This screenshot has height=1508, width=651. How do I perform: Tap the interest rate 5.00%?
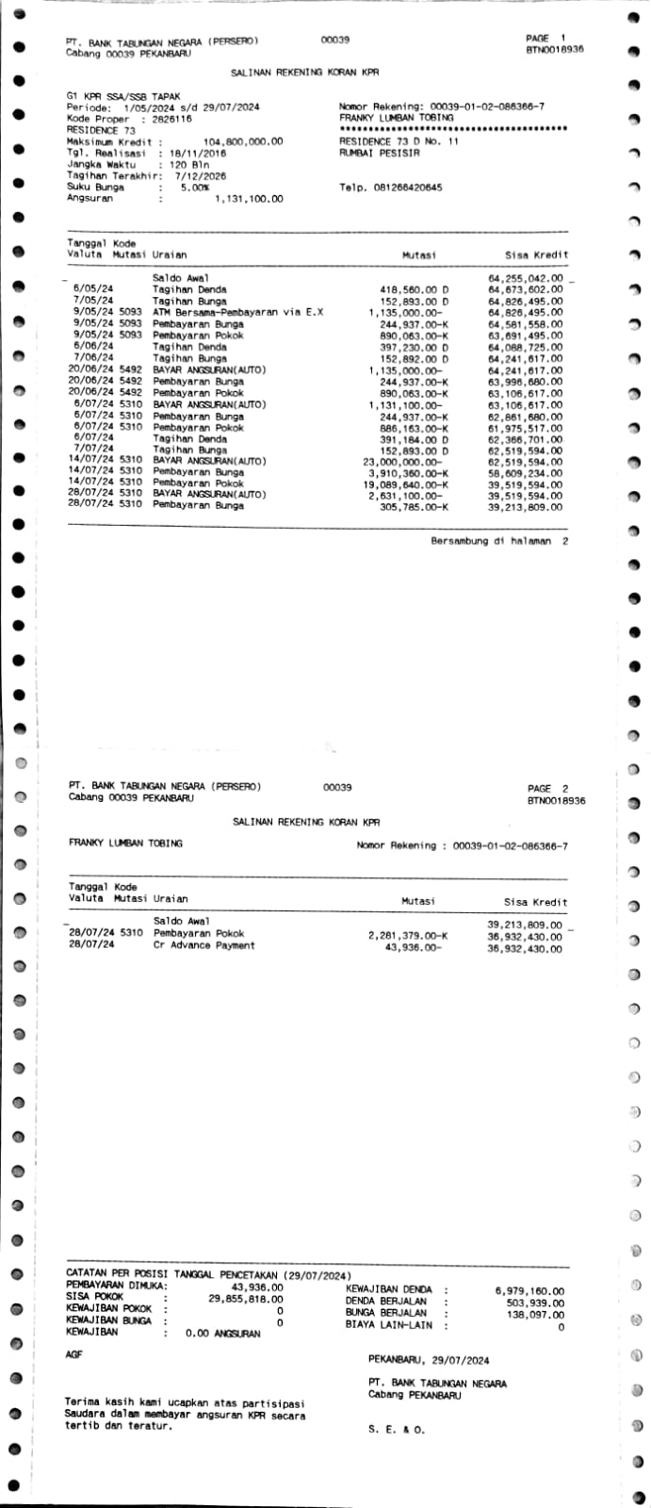click(x=194, y=188)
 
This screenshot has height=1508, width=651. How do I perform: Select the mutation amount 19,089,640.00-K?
click(x=406, y=484)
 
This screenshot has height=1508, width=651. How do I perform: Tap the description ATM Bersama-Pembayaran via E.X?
click(x=237, y=312)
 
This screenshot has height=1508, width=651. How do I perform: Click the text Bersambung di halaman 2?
click(x=499, y=542)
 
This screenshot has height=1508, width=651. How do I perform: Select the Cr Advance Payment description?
click(x=203, y=945)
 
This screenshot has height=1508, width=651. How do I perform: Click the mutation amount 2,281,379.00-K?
click(x=408, y=934)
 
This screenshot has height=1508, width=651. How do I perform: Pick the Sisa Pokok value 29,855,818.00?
click(x=245, y=1298)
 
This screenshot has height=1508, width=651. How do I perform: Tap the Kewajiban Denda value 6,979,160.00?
click(x=529, y=1290)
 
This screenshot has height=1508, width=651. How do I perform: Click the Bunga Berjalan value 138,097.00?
click(x=535, y=1314)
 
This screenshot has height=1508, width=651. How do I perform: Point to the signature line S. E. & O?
click(x=397, y=1430)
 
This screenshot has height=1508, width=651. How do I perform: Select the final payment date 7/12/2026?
click(x=201, y=176)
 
